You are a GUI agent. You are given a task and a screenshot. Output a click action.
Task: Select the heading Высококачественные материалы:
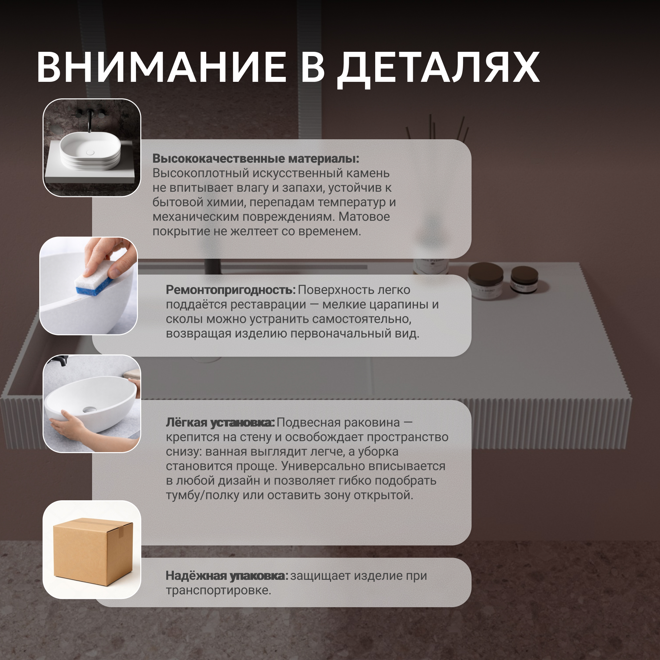pos(255,158)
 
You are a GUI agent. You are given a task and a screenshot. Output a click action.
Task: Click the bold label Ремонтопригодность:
pos(231,290)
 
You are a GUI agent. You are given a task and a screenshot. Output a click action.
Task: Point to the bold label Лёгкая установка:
pos(220,423)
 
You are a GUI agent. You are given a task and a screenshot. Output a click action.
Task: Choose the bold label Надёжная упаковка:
pos(227,576)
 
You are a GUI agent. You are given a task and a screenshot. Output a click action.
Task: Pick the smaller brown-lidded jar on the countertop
pos(524,279)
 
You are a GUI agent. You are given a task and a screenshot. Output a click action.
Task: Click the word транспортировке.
pos(218,590)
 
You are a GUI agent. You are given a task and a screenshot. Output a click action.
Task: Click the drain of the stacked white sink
pos(90,152)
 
